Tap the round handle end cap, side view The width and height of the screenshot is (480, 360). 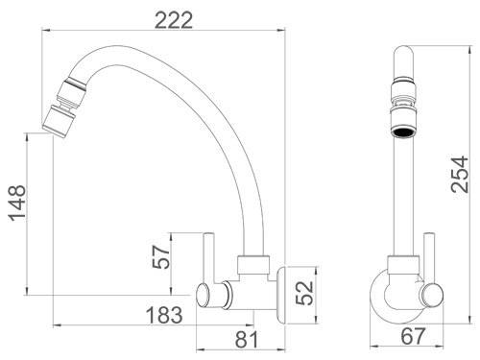[x=204, y=293]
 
